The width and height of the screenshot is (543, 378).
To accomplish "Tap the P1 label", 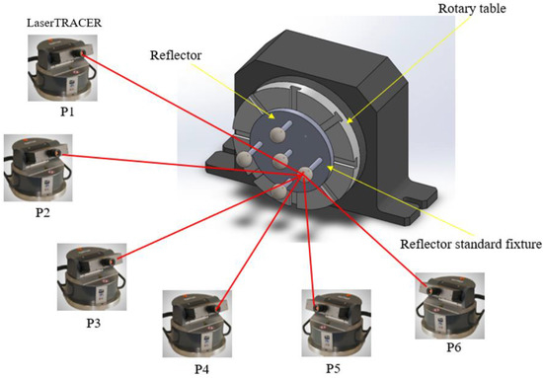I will [x=54, y=112].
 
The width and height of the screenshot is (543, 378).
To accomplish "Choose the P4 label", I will [x=200, y=368].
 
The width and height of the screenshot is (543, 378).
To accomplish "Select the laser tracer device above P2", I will [x=38, y=169].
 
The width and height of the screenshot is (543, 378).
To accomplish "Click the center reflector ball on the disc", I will [x=281, y=158].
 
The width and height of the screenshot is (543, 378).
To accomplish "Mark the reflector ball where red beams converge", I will [x=310, y=174].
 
